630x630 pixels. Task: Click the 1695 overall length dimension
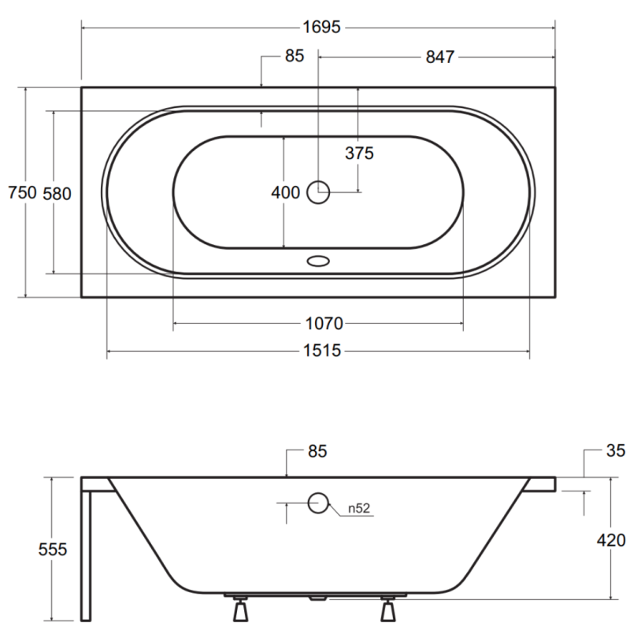[x=321, y=28]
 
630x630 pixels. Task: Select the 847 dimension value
[x=440, y=57]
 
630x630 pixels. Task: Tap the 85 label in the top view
[x=295, y=56]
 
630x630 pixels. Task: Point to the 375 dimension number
[x=359, y=153]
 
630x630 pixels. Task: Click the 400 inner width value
[x=285, y=193]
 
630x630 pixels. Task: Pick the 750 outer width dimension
[x=23, y=193]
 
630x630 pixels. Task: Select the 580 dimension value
[x=57, y=194]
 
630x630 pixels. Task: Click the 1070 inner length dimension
[x=324, y=324]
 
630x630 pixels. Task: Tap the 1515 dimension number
[x=322, y=350]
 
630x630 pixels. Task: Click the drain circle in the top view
[x=318, y=192]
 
